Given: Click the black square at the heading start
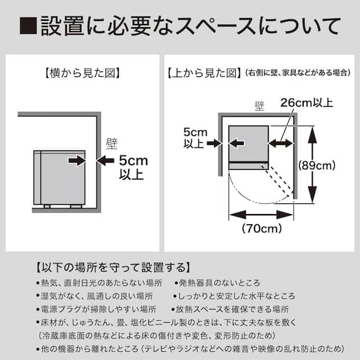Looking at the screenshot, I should pyautogui.click(x=29, y=27).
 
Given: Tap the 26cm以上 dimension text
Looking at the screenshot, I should pyautogui.click(x=306, y=102).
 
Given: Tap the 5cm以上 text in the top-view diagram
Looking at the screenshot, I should pyautogui.click(x=194, y=138).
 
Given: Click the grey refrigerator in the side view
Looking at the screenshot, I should pyautogui.click(x=59, y=177).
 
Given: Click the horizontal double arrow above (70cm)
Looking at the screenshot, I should pyautogui.click(x=261, y=214).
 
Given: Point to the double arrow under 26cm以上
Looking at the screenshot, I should pyautogui.click(x=280, y=143).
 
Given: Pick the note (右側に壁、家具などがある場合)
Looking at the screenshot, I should pyautogui.click(x=297, y=74).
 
